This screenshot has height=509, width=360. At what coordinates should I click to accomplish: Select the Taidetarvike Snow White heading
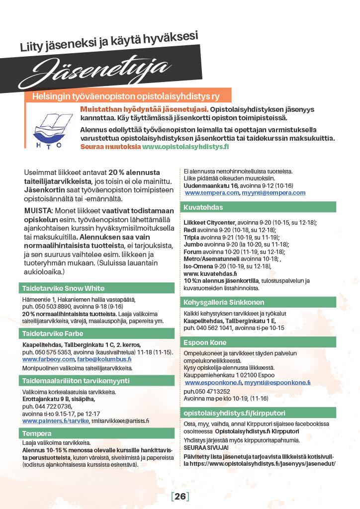pos(64,288)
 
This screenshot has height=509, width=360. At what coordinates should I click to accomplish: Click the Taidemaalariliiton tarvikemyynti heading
pos(76,381)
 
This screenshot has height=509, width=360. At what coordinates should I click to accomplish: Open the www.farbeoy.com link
pos(48,359)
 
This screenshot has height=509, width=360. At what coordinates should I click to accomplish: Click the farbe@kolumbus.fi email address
pos(104,359)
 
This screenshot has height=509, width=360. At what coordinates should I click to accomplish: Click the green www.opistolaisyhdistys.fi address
pos(185,147)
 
